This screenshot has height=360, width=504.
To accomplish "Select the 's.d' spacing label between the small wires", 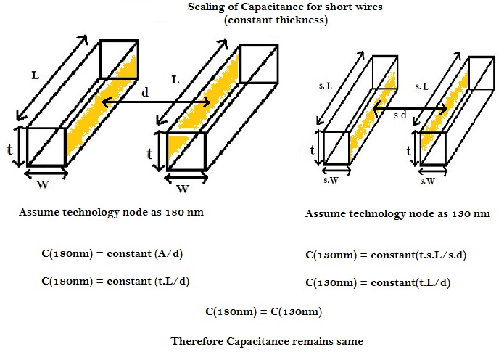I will click(x=398, y=115).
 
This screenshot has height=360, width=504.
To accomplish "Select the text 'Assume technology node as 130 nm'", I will click(x=397, y=214).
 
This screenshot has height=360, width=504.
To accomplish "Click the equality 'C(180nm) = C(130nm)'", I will click(x=263, y=312).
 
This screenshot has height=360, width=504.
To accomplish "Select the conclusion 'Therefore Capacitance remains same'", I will click(x=265, y=340).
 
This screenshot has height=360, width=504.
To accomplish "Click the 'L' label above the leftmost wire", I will click(x=36, y=75).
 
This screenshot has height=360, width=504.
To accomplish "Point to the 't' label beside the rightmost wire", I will click(x=408, y=150).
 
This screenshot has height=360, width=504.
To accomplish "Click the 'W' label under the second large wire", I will click(x=183, y=190).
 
